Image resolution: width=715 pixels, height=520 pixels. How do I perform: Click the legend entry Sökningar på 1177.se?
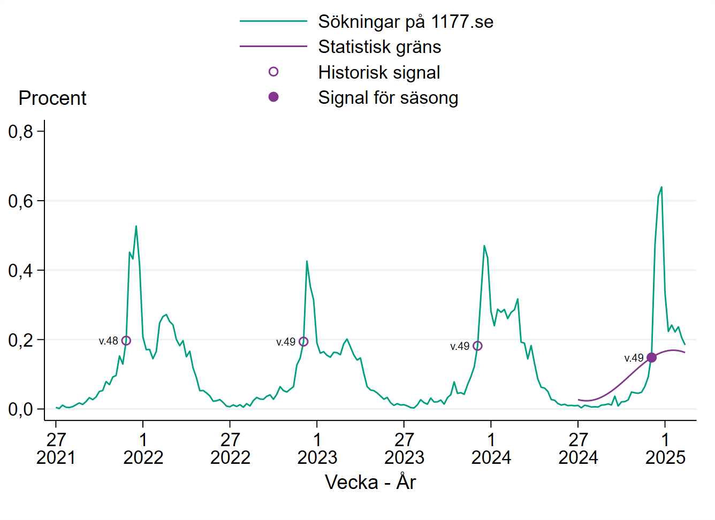[x=405, y=22]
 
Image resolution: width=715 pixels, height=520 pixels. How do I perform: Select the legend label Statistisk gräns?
[x=379, y=47]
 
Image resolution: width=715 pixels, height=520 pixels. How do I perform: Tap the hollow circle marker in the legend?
[x=273, y=72]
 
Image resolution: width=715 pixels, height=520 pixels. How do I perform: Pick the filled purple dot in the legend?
[x=273, y=97]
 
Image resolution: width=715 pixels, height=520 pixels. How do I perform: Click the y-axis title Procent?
[x=52, y=98]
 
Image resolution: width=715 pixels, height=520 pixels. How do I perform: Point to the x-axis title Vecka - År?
[x=370, y=482]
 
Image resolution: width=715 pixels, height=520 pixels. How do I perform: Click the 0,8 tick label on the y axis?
[x=20, y=132]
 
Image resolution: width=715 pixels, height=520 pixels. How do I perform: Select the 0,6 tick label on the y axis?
[x=20, y=201]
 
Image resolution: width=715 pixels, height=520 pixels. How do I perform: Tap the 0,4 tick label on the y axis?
[x=20, y=271]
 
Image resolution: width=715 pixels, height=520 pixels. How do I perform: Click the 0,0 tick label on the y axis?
[x=20, y=410]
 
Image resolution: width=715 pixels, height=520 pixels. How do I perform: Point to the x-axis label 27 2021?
[x=56, y=448]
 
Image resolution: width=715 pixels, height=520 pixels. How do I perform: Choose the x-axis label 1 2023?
[x=317, y=448]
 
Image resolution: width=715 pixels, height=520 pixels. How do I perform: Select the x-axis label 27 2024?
[x=578, y=448]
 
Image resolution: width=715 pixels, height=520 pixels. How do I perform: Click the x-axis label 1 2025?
[x=665, y=448]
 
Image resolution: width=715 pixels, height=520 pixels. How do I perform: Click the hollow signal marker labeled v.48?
[x=126, y=341]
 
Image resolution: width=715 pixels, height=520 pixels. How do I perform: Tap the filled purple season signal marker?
[x=651, y=357]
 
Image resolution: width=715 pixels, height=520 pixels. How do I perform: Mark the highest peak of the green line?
[x=661, y=187]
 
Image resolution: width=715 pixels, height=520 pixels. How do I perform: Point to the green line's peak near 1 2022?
[x=136, y=226]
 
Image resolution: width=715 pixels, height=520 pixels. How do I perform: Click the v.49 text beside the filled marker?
[x=634, y=358]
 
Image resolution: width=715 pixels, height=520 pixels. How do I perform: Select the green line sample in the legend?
[x=273, y=21]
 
